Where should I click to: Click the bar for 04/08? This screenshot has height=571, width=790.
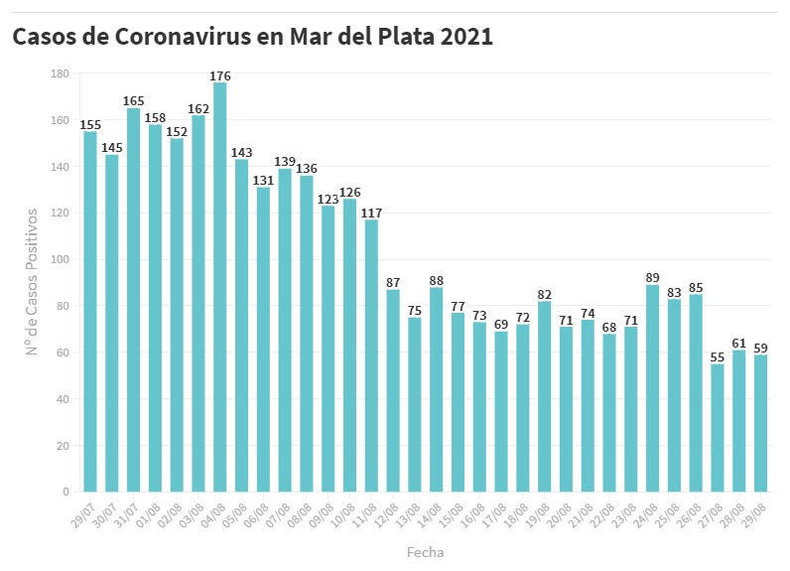[219, 287]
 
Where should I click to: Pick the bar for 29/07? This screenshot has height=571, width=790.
[90, 312]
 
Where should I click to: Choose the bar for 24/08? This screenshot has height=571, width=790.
[653, 388]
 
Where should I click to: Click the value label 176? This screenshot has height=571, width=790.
[220, 74]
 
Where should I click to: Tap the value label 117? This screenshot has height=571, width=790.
[371, 213]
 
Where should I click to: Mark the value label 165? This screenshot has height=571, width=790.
[134, 100]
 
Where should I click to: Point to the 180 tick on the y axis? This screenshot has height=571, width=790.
[60, 73]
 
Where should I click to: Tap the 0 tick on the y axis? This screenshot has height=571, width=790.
[66, 492]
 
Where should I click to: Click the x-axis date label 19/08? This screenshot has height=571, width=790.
[538, 515]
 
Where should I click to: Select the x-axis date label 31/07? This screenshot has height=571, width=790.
[127, 515]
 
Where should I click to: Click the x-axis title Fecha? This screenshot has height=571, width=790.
[425, 551]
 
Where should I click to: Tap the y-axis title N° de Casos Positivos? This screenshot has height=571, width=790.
[32, 282]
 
